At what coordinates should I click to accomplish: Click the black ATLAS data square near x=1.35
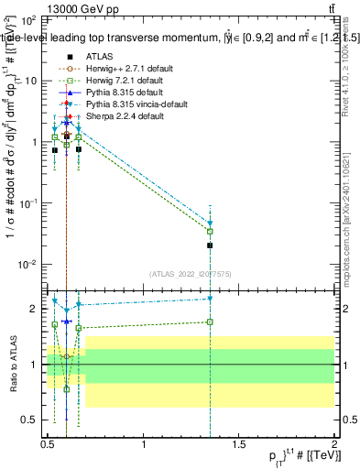[211, 245]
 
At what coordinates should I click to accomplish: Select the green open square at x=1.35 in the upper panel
[211, 231]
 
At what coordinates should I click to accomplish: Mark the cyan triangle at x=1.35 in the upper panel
[211, 224]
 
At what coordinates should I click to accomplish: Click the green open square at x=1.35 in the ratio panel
[211, 322]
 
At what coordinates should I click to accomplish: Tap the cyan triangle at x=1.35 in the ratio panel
[211, 299]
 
